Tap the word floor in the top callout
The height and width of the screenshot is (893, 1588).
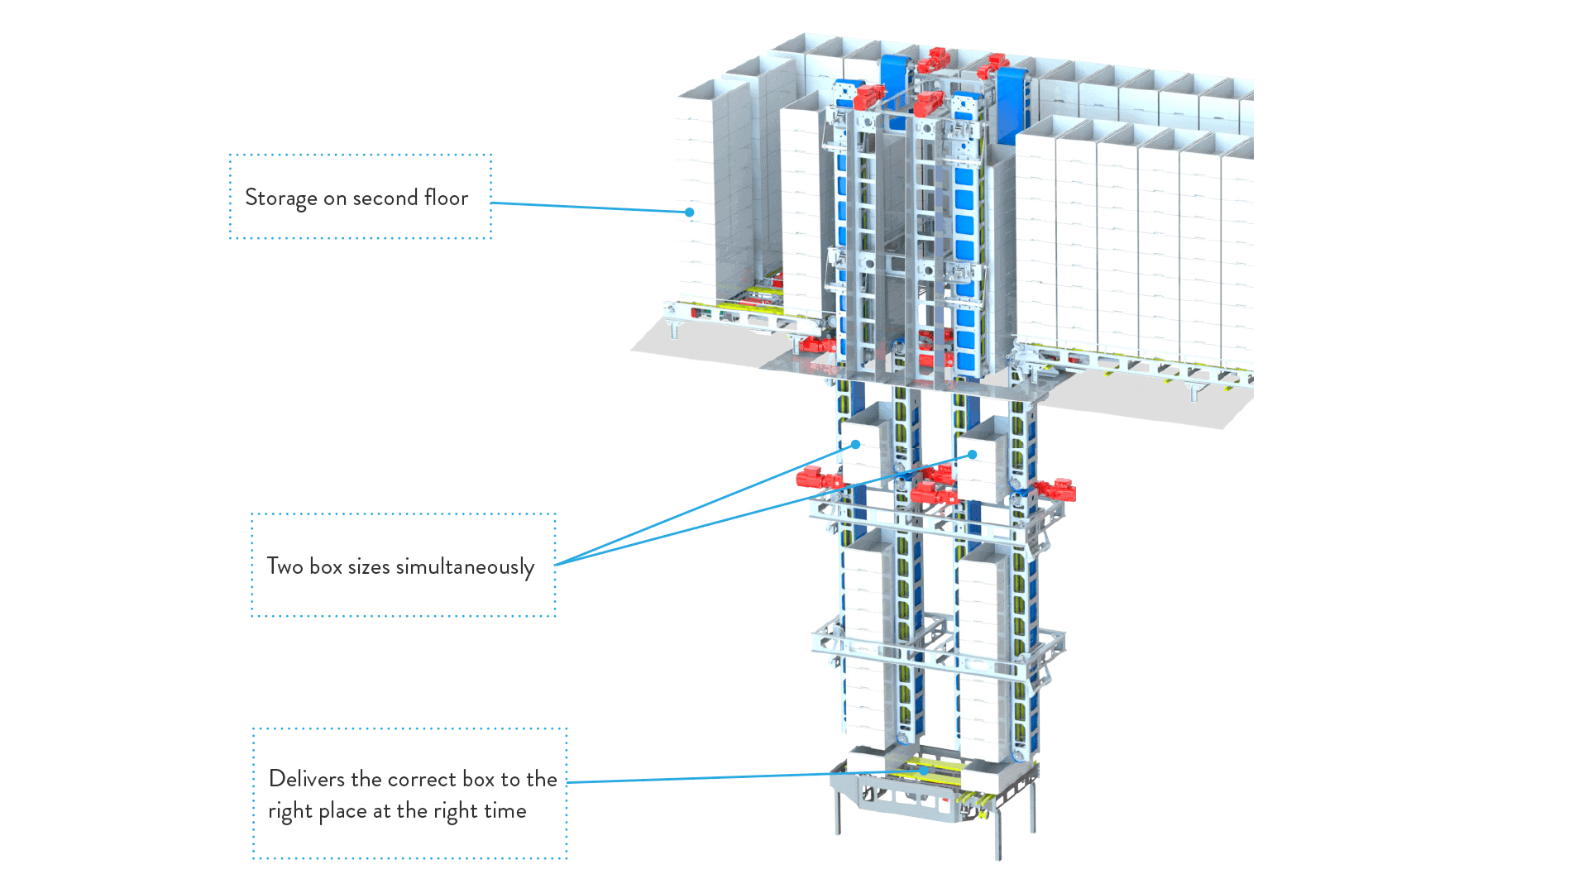446,197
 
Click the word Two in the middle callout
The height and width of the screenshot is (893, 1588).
285,566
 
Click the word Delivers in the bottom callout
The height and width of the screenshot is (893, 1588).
307,778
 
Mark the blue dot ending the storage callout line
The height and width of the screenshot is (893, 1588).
689,213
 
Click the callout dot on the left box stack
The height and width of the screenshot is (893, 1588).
856,445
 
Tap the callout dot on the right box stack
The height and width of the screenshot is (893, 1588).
973,455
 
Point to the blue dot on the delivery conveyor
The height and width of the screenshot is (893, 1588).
924,771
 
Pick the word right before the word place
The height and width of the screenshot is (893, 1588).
289,811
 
